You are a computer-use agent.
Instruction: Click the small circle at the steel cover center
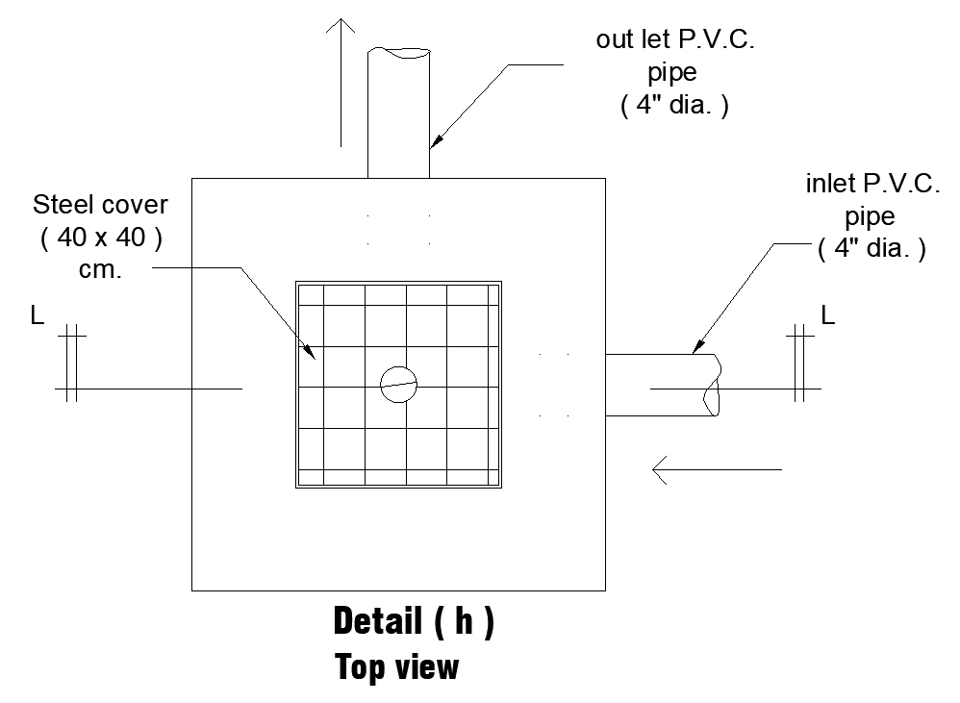(399, 385)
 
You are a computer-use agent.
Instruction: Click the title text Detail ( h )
(414, 622)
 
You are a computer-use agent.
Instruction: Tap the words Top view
(396, 666)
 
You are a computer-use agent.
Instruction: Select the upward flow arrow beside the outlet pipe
(341, 82)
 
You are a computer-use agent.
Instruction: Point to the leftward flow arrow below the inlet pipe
(717, 470)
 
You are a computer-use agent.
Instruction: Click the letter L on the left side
(37, 315)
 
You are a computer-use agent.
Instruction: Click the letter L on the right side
(828, 315)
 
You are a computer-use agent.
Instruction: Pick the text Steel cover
(100, 205)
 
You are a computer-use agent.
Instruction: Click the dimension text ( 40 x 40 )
(100, 238)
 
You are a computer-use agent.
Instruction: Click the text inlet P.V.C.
(872, 185)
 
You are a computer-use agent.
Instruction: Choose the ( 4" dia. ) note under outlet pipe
(673, 106)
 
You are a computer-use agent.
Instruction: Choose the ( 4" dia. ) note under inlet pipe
(872, 249)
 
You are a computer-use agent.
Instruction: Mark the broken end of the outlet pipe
(398, 53)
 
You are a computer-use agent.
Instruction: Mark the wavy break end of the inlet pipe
(713, 385)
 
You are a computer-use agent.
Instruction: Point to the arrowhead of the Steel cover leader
(314, 354)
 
